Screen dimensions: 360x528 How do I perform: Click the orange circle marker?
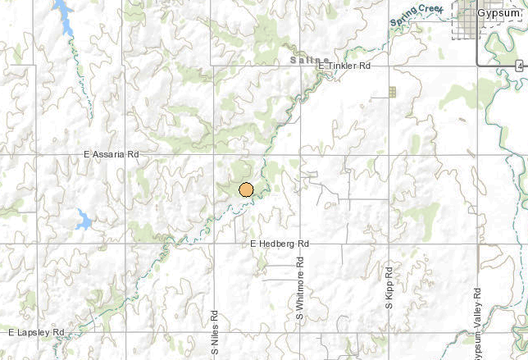[x=246, y=189]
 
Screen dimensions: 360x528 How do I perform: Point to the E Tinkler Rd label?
[x=344, y=66]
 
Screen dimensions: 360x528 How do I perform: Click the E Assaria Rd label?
[x=112, y=153]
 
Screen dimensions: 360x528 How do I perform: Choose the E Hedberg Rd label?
[x=279, y=244]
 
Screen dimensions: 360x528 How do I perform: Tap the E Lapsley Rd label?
[x=36, y=332]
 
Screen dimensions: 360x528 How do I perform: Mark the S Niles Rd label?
[x=215, y=331]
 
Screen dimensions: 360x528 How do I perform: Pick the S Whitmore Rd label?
[x=300, y=289]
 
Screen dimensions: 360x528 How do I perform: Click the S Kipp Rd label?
[x=389, y=287]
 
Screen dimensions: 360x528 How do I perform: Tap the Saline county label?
[x=310, y=60]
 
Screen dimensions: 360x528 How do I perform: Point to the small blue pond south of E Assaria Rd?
[x=84, y=219]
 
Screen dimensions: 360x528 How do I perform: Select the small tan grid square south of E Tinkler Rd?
[x=392, y=92]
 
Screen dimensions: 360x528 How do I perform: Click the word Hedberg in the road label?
[x=280, y=244]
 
